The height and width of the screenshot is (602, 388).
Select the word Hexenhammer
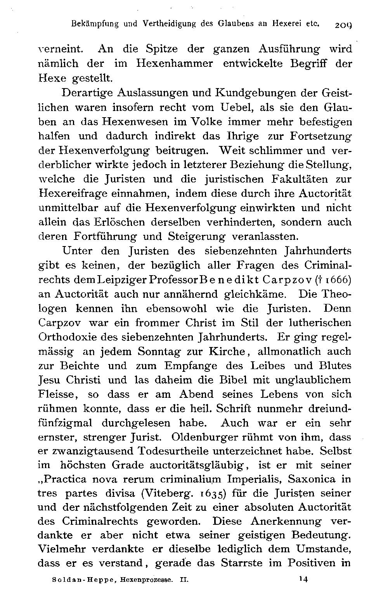[x=175, y=64]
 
